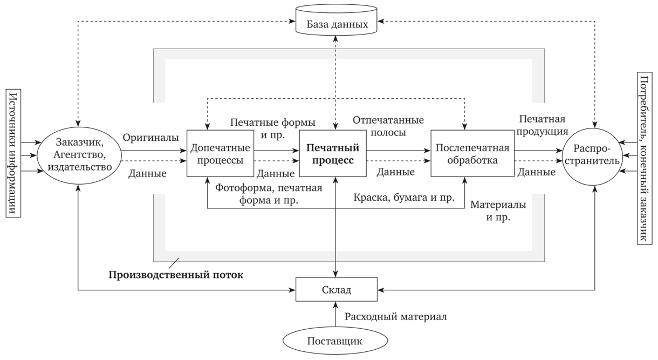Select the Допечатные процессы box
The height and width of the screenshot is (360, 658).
point(220,153)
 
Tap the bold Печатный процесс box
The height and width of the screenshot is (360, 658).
point(333,153)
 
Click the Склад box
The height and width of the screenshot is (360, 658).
point(335,290)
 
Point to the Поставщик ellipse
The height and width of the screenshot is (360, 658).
point(335,341)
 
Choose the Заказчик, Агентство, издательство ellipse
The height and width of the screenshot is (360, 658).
point(80,153)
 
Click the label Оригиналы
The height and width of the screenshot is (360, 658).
point(150,138)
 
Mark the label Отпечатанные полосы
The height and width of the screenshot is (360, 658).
point(388,125)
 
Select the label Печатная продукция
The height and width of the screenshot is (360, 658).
point(543,125)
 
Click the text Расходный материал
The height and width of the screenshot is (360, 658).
point(395,316)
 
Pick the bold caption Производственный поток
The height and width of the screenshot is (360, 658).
point(176,275)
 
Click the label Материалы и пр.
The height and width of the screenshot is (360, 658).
point(498,212)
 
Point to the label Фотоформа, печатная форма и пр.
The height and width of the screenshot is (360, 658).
point(269,193)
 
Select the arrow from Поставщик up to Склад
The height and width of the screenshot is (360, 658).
point(335,316)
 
